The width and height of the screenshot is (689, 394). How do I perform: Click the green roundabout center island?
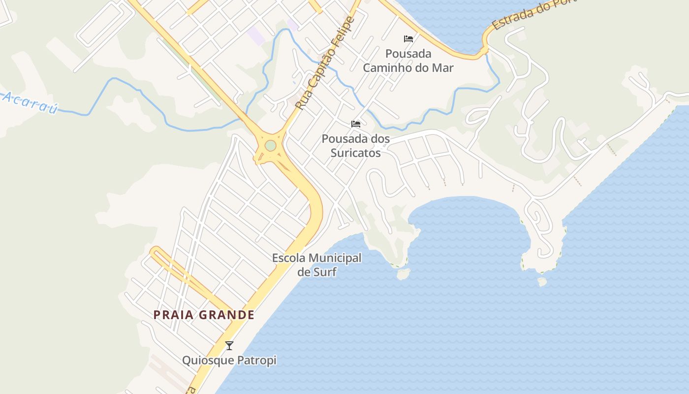[x=270, y=146]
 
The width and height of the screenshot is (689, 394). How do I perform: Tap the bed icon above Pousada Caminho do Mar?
[x=408, y=38]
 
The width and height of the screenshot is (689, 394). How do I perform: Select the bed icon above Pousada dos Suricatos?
[x=355, y=124]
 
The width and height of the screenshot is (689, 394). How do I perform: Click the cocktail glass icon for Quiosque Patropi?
[x=229, y=345]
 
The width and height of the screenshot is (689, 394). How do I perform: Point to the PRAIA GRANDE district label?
[x=204, y=315]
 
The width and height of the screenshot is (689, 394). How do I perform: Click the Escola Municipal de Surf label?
[x=317, y=264]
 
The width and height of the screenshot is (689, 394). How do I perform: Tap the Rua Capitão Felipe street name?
[x=324, y=63]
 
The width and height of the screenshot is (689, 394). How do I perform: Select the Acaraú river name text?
[x=30, y=102]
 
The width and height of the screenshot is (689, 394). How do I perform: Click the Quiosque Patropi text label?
[x=229, y=361]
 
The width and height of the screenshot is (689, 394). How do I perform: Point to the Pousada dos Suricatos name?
[x=356, y=146]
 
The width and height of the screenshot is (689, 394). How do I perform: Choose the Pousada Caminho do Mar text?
[x=408, y=61]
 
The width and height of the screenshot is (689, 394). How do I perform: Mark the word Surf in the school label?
[x=325, y=271]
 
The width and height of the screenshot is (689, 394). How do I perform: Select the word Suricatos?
[x=356, y=153]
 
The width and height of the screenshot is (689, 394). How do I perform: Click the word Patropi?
[x=256, y=361]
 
